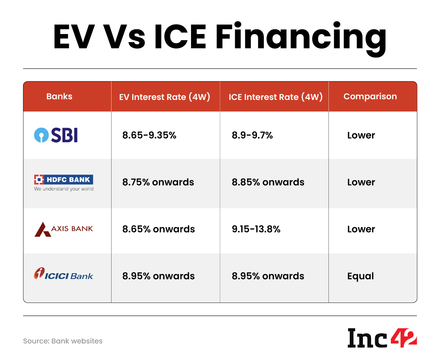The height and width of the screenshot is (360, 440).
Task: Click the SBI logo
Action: (56, 135)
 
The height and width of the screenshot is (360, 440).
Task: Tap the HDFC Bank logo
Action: (64, 183)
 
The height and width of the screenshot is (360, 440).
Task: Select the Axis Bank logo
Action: (64, 229)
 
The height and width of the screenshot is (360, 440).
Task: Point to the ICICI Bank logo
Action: (64, 275)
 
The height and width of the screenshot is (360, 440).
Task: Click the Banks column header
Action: (59, 97)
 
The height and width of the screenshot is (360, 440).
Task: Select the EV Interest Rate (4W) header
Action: (165, 97)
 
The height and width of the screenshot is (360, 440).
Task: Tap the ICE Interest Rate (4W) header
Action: (275, 97)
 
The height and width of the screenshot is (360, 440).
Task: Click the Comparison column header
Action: (370, 97)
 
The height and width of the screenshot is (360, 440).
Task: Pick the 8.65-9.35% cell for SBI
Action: (149, 135)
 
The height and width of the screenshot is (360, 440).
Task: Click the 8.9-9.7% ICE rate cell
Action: (252, 135)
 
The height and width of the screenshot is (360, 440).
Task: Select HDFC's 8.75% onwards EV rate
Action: (158, 182)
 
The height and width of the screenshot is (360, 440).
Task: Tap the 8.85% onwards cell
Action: (268, 182)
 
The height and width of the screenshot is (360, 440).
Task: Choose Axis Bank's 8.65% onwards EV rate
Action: (158, 229)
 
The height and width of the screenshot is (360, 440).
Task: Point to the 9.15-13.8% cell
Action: (256, 229)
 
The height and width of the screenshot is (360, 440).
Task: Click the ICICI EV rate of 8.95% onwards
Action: (158, 276)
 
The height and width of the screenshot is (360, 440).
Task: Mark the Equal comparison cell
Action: (361, 276)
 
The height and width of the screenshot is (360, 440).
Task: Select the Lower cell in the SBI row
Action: (361, 135)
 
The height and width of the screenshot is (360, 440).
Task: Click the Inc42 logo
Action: (382, 338)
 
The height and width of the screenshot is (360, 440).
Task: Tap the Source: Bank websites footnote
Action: (63, 341)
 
